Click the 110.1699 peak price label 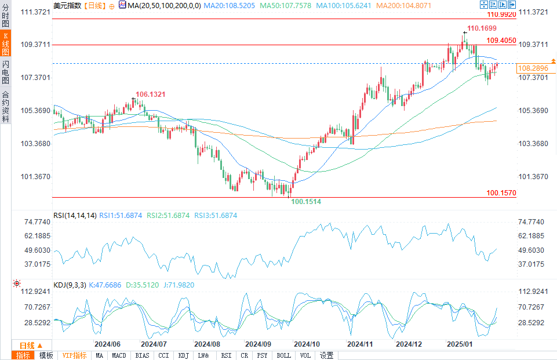[482, 28]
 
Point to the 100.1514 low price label [306, 201]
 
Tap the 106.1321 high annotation [151, 94]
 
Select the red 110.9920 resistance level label [501, 14]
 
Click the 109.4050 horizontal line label [501, 41]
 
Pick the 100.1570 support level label [501, 192]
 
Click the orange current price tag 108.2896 [533, 68]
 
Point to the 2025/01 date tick [459, 344]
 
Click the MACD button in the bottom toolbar [119, 355]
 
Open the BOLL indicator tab [283, 355]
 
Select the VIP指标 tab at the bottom [74, 355]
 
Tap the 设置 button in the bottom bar [327, 355]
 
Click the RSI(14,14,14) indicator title [75, 216]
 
